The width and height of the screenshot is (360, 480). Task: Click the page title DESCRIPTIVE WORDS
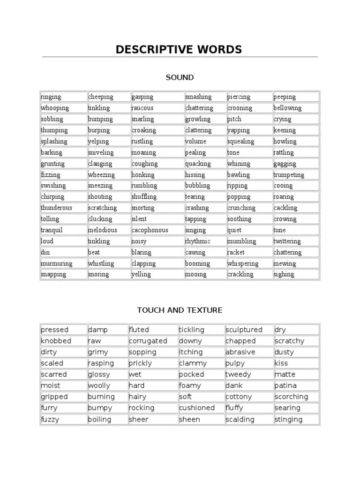click(180, 49)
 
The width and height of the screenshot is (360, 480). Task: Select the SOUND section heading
click(180, 77)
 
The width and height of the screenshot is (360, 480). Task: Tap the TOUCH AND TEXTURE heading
click(180, 310)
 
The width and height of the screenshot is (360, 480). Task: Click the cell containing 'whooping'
click(55, 108)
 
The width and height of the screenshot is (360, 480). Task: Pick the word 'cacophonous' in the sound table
click(150, 230)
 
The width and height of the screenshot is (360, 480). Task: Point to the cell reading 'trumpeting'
click(289, 175)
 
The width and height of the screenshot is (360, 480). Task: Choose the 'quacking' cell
click(198, 164)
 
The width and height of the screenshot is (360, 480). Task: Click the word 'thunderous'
click(56, 208)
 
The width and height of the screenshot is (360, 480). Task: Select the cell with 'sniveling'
click(101, 152)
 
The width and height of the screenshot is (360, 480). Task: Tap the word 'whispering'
click(243, 263)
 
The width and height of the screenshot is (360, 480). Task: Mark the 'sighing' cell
click(284, 274)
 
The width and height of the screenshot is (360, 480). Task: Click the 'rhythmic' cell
click(198, 241)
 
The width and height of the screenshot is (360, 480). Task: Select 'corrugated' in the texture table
click(148, 341)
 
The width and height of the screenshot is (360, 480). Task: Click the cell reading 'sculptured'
click(244, 330)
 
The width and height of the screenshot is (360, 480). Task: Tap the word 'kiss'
click(281, 363)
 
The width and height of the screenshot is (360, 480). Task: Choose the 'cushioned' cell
click(197, 408)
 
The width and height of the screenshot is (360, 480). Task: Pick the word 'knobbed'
click(56, 341)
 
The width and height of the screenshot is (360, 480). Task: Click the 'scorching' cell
click(291, 397)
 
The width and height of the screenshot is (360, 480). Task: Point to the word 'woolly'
click(99, 386)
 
